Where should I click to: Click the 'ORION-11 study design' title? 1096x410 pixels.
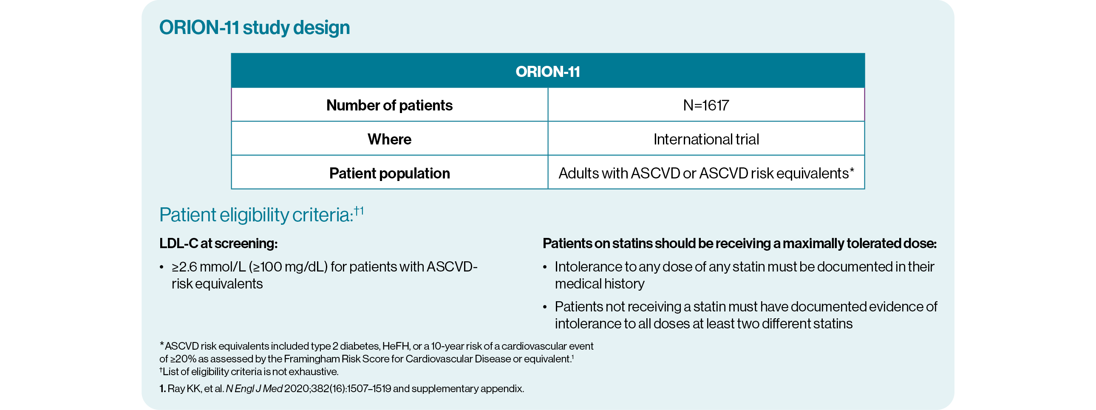255,28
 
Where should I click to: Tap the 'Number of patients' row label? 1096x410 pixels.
389,105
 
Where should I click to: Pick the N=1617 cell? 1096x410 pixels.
706,105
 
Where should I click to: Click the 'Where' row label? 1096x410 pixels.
389,139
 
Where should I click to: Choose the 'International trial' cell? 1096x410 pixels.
706,139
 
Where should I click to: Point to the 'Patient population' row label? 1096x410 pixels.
389,173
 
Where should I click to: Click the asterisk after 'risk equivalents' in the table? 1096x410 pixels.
852,170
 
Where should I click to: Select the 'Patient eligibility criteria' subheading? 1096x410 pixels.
256,215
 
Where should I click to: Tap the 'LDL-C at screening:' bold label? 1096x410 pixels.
218,243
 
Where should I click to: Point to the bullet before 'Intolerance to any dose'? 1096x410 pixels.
544,268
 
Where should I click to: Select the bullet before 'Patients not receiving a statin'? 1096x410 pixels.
544,308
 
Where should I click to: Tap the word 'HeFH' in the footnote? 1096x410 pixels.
396,346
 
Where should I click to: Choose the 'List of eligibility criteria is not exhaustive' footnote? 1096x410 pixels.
250,372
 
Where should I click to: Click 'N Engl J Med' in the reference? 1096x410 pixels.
254,389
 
